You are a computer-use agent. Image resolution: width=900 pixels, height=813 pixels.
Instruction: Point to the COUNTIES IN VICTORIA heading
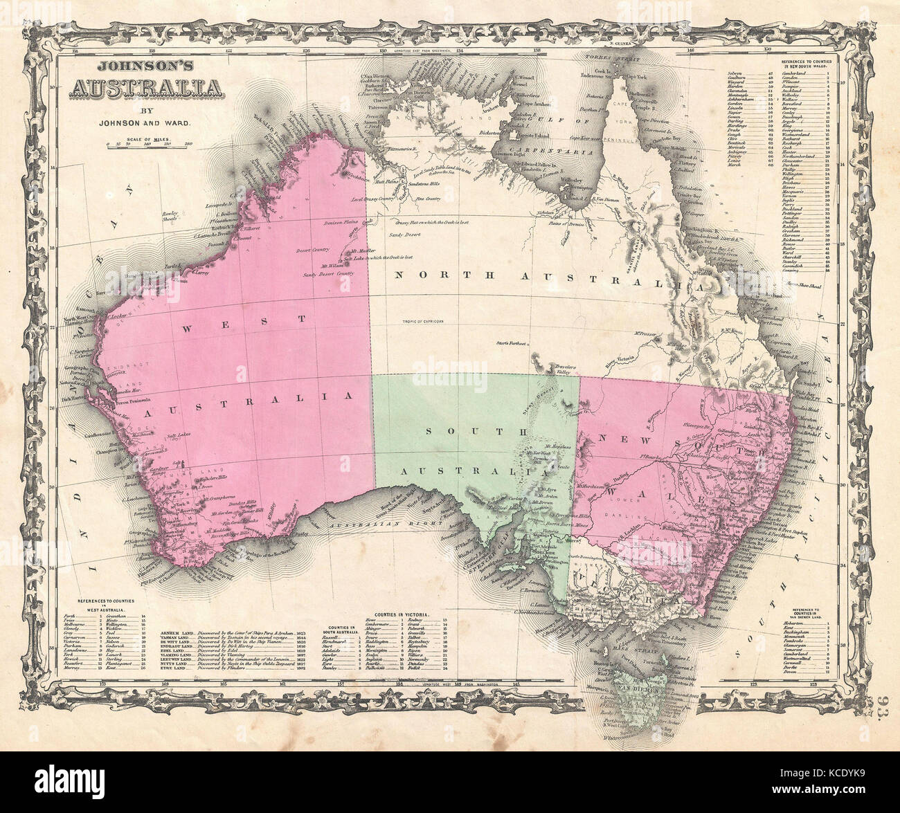coord(403,614)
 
